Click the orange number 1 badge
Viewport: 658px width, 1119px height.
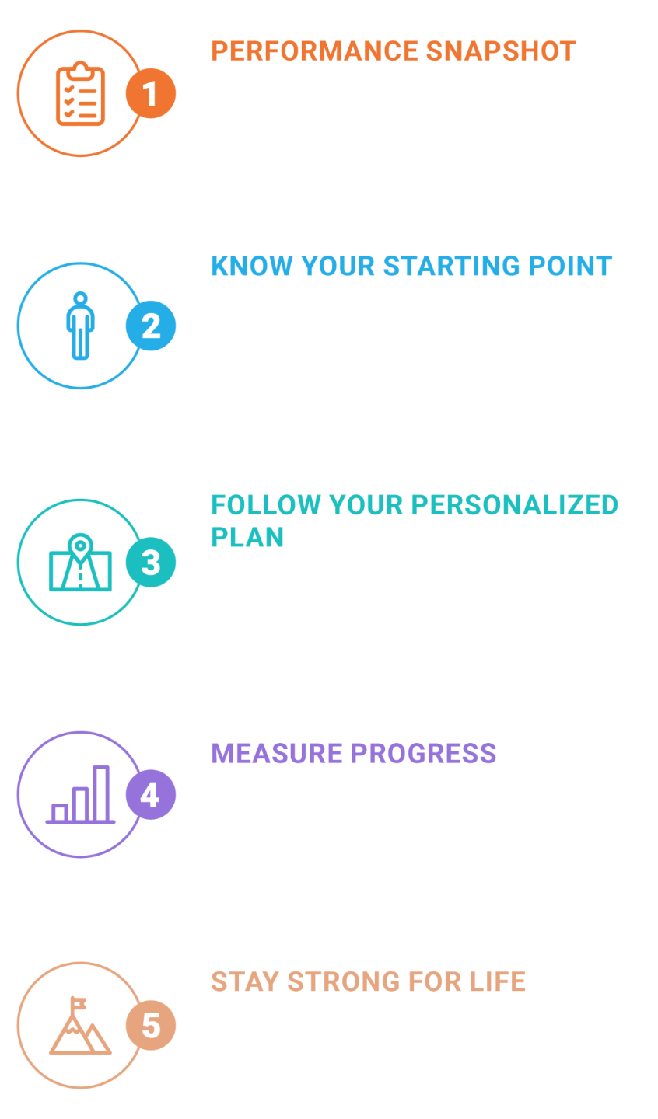coord(151,93)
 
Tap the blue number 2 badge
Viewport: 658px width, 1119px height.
coord(151,326)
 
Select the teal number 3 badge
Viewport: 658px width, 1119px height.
coord(151,562)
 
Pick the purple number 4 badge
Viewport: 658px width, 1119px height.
coord(151,795)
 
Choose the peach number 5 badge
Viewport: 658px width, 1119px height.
coord(151,1025)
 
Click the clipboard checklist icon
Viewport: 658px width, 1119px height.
coord(81,93)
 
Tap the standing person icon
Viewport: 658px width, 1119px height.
coord(81,326)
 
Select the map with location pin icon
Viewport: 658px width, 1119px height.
coord(81,562)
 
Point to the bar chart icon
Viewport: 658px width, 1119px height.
coord(81,794)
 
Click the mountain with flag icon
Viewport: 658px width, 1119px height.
coord(81,1026)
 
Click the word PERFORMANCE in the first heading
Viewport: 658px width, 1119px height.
coord(315,51)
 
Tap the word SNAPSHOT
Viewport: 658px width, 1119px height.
coord(501,51)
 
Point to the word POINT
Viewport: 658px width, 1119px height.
coord(571,266)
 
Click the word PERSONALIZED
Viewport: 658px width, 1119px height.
coord(515,505)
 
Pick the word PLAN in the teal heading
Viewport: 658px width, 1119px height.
coord(247,538)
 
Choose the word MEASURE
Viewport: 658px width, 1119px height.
coord(277,753)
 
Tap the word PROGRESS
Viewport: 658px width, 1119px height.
coord(423,753)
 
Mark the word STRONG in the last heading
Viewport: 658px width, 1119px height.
coord(344,981)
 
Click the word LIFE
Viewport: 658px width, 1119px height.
coord(498,981)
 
